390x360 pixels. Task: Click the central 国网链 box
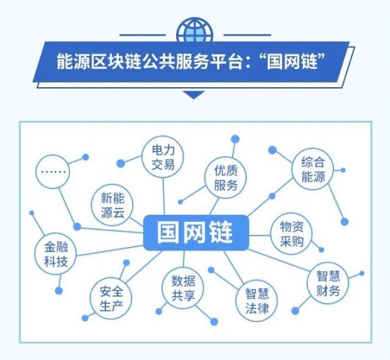pos(196,232)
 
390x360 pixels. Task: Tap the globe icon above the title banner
pos(194,30)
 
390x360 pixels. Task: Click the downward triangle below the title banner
pos(194,95)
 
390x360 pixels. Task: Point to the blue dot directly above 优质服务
pos(235,139)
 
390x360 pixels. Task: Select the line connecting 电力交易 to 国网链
pos(164,197)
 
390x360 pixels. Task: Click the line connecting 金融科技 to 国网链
pos(110,251)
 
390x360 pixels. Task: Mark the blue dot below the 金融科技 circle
pos(59,290)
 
